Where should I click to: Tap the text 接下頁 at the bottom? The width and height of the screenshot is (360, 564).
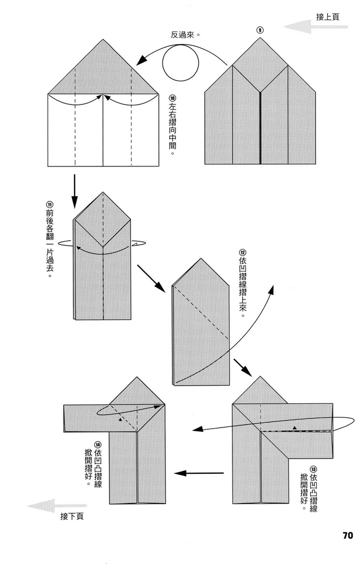coord(72,516)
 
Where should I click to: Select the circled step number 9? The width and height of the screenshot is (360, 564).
coord(260,29)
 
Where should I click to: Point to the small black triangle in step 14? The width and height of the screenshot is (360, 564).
coord(120,419)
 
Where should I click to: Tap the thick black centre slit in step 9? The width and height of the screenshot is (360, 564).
coord(260,127)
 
